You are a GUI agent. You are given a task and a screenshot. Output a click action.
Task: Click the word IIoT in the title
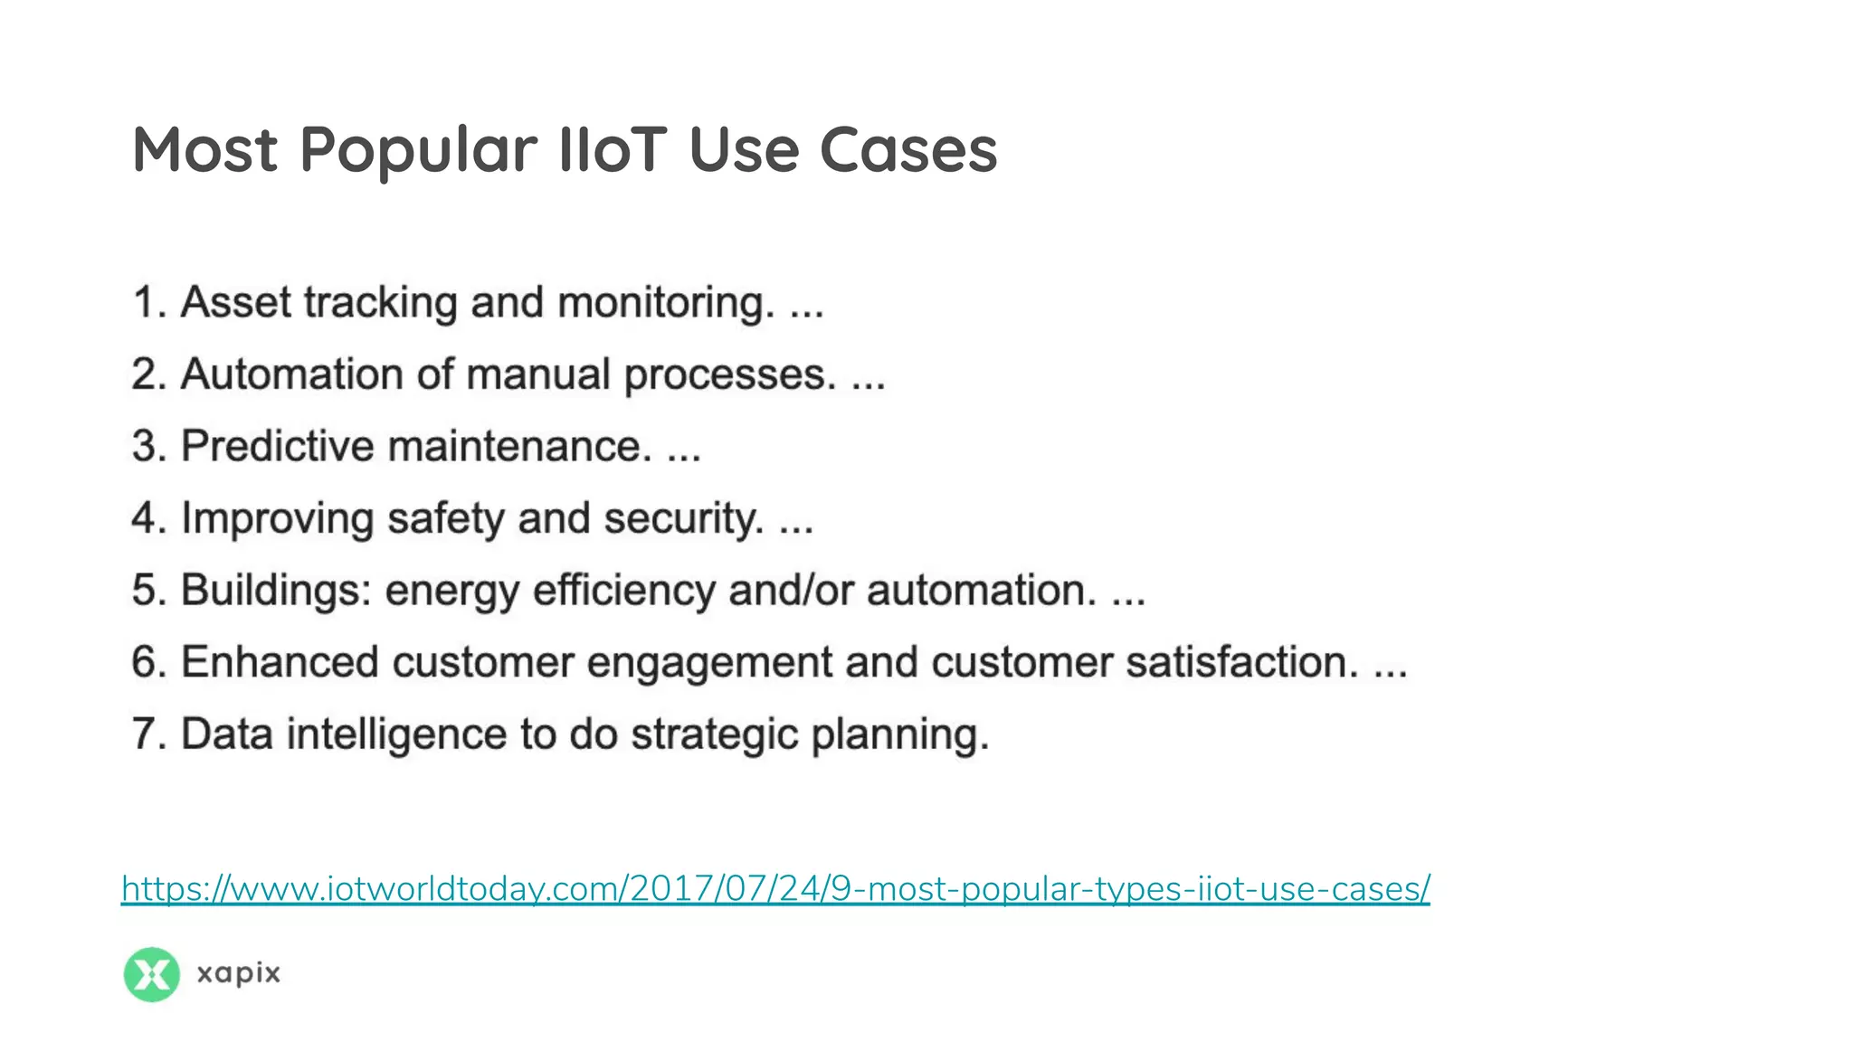tap(613, 149)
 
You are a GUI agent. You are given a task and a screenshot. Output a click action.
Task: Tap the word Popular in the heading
tap(418, 151)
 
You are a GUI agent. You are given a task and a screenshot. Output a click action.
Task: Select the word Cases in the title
tap(908, 149)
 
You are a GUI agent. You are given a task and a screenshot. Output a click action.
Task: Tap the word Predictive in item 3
tap(278, 446)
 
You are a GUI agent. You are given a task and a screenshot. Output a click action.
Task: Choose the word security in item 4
tap(684, 519)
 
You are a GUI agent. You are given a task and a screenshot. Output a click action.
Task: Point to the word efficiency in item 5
tap(624, 592)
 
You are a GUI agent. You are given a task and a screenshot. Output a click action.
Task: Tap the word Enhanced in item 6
tap(280, 662)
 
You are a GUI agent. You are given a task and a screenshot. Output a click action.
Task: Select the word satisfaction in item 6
tap(1241, 662)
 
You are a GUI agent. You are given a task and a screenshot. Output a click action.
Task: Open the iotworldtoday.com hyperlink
tap(775, 889)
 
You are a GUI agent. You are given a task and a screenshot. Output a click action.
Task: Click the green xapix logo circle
tap(151, 974)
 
